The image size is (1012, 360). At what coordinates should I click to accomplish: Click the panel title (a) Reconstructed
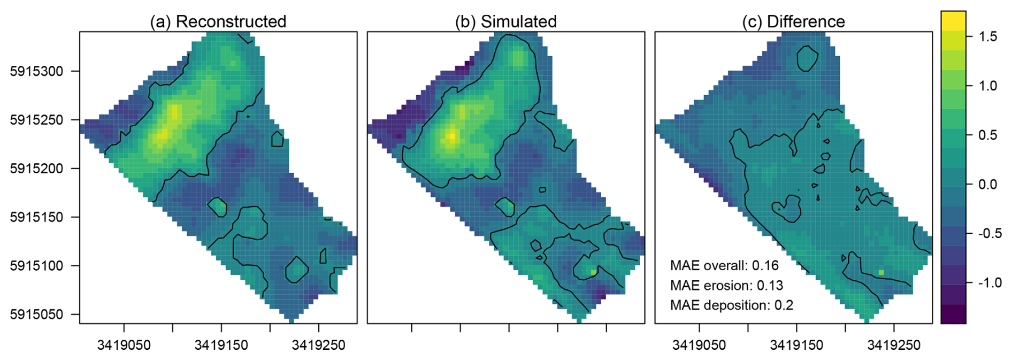coord(218,21)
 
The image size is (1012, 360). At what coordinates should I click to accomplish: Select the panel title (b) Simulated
coord(505,21)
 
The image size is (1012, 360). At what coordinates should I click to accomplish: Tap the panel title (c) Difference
coord(793,21)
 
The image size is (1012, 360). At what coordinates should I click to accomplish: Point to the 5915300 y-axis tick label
coord(36,71)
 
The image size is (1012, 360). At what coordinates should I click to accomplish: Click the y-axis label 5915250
coord(36,120)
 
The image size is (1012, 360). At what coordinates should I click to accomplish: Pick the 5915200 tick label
coord(36,168)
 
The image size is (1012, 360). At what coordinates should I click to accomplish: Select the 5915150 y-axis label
coord(36,217)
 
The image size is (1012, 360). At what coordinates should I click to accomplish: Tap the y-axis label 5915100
coord(36,266)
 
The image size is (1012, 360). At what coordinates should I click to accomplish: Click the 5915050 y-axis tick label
coord(36,315)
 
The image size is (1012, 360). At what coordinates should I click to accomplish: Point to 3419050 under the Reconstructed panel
coord(124,346)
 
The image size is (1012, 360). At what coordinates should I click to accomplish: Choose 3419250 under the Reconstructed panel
coord(319,346)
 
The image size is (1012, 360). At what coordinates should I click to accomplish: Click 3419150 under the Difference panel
coord(797,346)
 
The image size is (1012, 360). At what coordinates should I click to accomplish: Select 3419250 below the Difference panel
coord(894,346)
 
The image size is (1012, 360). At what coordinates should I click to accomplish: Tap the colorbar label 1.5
coord(987,36)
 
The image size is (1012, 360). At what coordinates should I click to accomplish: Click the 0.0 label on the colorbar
coord(987,185)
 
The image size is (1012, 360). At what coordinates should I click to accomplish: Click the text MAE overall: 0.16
coord(724,266)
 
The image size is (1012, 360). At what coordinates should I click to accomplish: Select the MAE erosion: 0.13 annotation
coord(726,286)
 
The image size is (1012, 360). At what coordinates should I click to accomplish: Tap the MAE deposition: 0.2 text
coord(731,305)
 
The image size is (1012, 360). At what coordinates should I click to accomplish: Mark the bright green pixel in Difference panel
coord(881,272)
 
